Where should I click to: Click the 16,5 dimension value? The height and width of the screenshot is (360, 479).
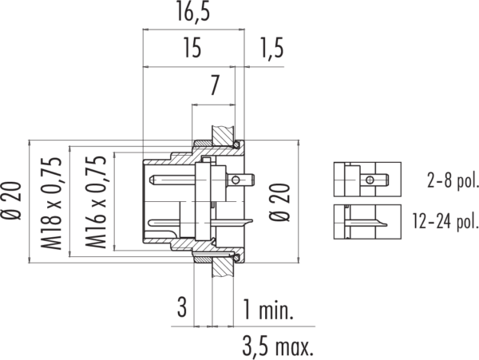point(193,13)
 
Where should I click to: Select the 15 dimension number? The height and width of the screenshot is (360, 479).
point(192,48)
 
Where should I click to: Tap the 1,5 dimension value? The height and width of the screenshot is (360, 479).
point(272,48)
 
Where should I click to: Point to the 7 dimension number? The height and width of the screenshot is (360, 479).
point(214,85)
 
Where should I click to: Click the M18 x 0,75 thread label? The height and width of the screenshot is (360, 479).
point(51,203)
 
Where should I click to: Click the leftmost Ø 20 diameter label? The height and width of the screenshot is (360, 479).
point(12,200)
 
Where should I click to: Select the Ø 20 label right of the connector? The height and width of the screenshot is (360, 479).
point(279,202)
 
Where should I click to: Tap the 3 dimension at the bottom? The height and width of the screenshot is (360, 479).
point(182,307)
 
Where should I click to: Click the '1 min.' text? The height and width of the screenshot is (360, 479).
point(268,310)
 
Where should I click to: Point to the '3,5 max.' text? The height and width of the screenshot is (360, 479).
point(278,346)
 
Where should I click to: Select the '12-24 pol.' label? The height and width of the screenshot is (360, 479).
point(445,221)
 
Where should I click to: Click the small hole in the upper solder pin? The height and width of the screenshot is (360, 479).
point(236,180)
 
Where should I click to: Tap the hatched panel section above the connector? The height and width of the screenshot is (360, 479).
point(224,136)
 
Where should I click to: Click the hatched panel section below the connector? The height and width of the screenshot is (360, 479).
point(223,267)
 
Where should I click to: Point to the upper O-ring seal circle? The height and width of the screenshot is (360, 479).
point(236,144)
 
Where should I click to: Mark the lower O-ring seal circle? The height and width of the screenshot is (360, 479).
point(236,259)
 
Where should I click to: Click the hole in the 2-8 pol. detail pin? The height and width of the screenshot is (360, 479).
point(370,180)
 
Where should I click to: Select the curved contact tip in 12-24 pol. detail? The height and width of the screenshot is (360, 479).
point(381,223)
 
